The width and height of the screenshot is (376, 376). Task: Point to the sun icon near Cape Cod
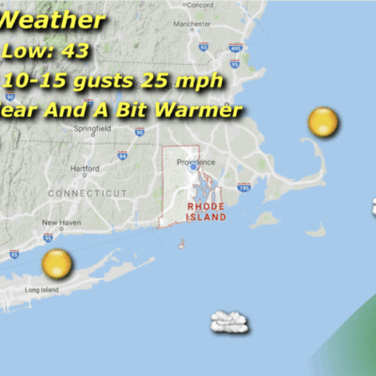tap(321, 121)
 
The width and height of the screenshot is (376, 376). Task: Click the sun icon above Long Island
tap(56, 263)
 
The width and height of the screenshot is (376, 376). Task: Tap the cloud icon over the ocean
tap(229, 322)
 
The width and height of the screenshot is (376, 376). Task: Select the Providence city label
tap(196, 161)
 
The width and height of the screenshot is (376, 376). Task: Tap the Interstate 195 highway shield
tap(245, 188)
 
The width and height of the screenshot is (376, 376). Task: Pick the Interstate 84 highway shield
tap(122, 154)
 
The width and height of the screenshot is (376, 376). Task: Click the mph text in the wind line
tap(203, 81)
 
